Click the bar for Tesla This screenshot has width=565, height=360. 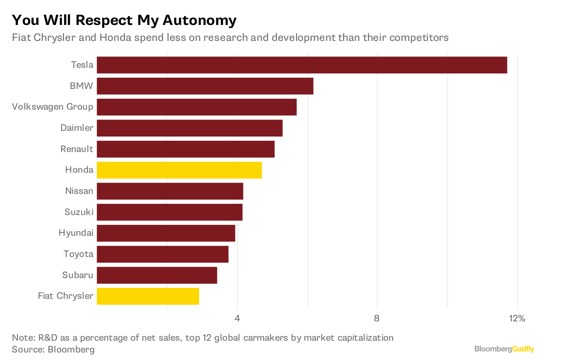coord(302,65)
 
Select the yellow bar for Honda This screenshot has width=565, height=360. coord(179,170)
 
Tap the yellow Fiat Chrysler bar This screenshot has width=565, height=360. coord(148,296)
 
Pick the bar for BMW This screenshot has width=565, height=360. coord(205,86)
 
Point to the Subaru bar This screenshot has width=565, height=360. coord(157,275)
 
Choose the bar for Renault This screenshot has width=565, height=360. coord(186,149)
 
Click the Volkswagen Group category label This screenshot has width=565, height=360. coord(53,107)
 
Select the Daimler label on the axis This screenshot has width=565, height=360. coord(77,128)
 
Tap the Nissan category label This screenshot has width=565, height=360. coord(79,191)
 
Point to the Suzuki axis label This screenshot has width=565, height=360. coord(79,212)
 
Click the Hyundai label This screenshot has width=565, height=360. coord(76,233)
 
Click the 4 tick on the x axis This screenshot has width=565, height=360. coord(237,319)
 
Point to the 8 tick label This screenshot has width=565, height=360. coord(377,319)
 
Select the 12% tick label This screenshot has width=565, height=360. coord(517,319)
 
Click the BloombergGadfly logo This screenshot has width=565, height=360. coord(504,349)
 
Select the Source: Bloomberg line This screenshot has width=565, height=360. coord(53,350)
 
